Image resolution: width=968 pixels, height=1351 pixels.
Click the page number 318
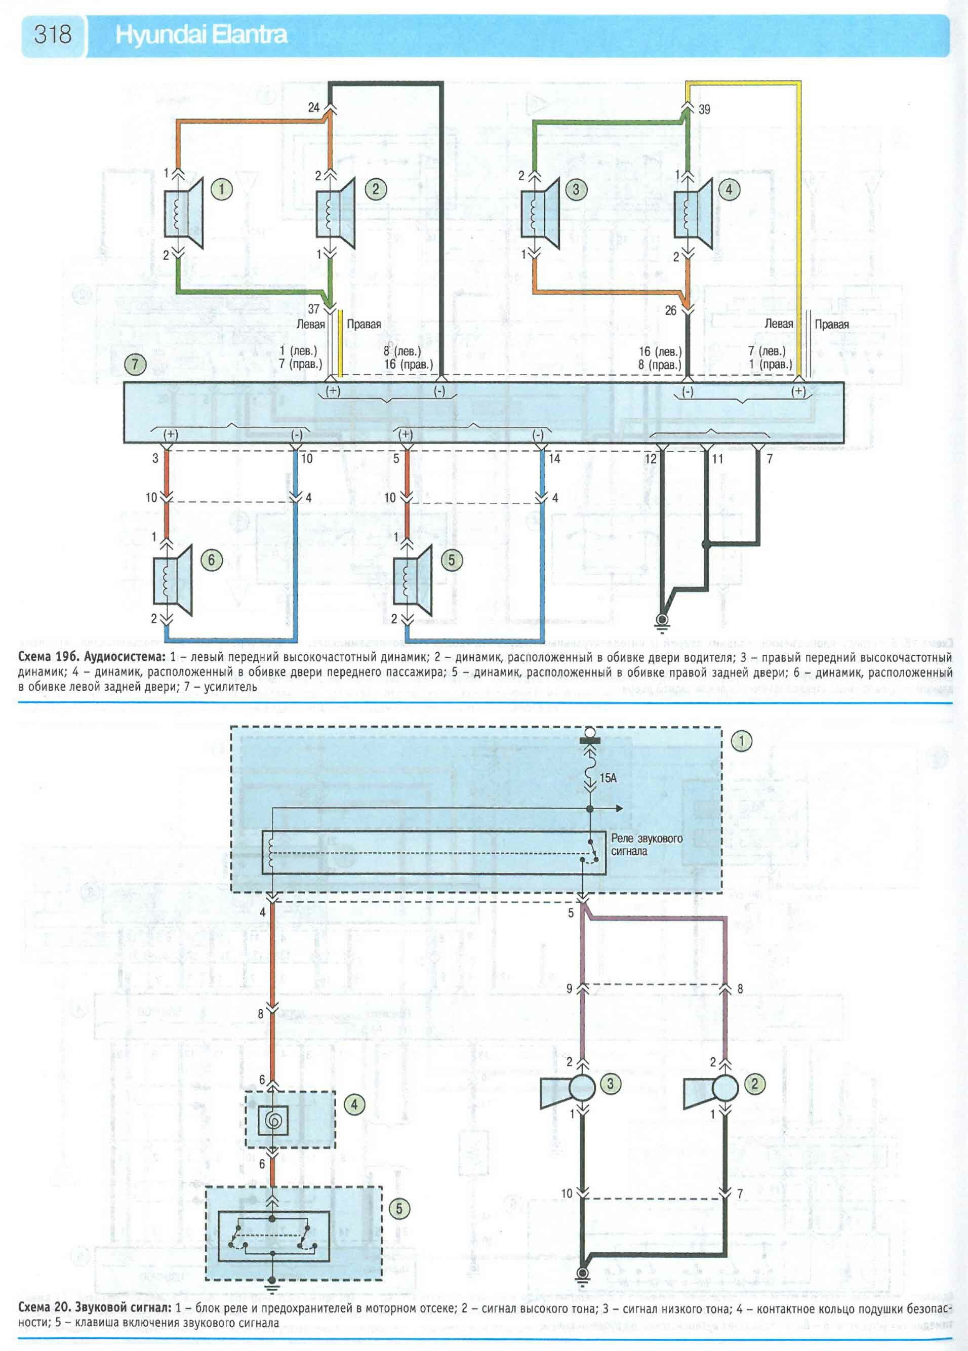pyautogui.click(x=53, y=34)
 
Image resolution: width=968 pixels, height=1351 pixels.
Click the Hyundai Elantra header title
pyautogui.click(x=201, y=35)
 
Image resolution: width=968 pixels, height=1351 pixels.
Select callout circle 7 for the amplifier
pyautogui.click(x=135, y=364)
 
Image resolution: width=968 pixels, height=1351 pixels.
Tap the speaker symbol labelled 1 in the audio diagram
pyautogui.click(x=183, y=213)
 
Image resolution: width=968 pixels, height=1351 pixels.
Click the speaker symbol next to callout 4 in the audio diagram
pyautogui.click(x=693, y=213)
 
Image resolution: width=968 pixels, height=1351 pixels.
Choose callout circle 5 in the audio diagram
pyautogui.click(x=451, y=560)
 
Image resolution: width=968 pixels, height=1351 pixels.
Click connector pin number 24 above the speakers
pyautogui.click(x=314, y=107)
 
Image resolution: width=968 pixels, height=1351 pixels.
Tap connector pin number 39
pyautogui.click(x=704, y=109)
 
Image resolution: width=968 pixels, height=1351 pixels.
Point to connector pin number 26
pyautogui.click(x=671, y=310)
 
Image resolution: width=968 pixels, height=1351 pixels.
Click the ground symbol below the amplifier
pyautogui.click(x=661, y=621)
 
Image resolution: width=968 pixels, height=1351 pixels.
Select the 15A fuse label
pyautogui.click(x=608, y=778)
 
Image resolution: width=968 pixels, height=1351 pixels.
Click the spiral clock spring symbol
pyautogui.click(x=273, y=1121)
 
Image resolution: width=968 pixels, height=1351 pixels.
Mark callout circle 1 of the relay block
pyautogui.click(x=742, y=741)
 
